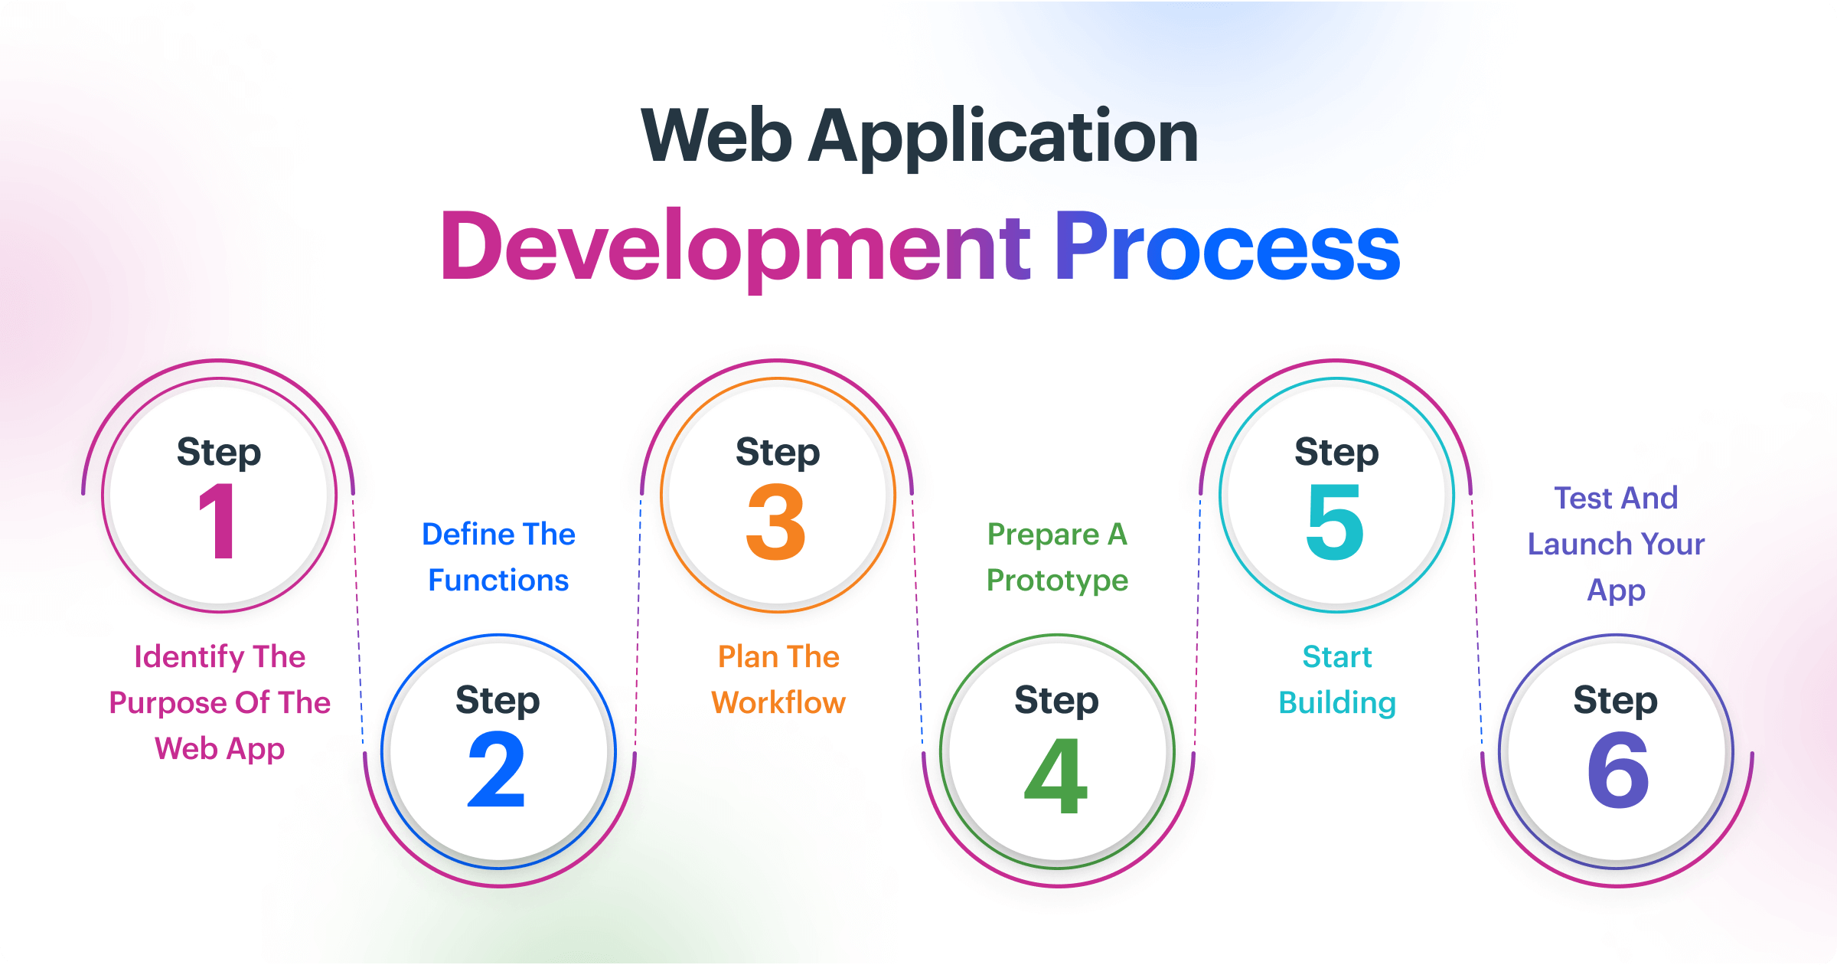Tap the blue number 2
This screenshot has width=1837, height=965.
tap(497, 770)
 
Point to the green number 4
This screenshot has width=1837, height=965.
tap(1056, 775)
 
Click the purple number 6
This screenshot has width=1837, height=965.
tap(1617, 770)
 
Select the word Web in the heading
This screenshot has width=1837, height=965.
tap(716, 136)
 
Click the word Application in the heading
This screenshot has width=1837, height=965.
tap(1003, 136)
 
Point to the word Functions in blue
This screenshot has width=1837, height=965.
tap(498, 580)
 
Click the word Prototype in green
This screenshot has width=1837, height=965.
tap(1057, 581)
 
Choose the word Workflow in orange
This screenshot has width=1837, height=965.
tap(778, 702)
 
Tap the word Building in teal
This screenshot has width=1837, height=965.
tap(1337, 703)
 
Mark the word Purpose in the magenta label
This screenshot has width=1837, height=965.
tap(167, 703)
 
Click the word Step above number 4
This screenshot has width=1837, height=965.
tap(1056, 700)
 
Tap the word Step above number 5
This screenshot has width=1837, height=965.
tap(1336, 452)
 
